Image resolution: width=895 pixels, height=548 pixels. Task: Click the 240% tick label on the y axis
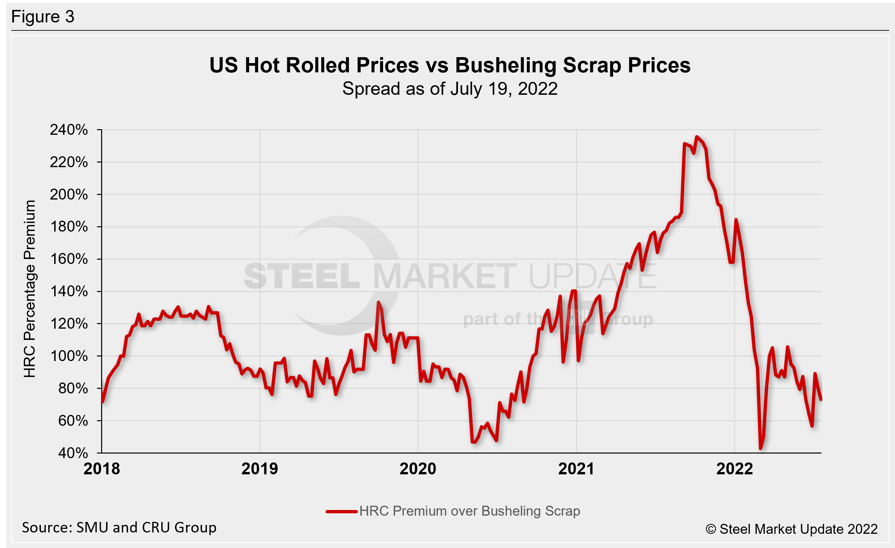click(x=69, y=130)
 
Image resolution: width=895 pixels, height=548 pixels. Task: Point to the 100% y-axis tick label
click(x=69, y=356)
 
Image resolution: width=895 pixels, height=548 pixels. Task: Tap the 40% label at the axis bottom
click(x=73, y=453)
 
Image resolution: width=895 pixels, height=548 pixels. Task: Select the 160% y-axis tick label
click(x=69, y=259)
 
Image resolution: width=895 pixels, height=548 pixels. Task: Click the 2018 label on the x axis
click(x=101, y=469)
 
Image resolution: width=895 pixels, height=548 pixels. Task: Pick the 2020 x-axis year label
click(x=418, y=469)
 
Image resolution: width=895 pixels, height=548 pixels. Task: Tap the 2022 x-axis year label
click(x=734, y=469)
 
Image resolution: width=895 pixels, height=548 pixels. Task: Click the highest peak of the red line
click(x=696, y=137)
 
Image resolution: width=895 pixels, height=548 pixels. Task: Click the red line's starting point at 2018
click(x=102, y=402)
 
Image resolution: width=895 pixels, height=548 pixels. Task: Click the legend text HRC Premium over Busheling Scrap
click(x=469, y=511)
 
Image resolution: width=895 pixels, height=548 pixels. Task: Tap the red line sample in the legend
click(x=341, y=512)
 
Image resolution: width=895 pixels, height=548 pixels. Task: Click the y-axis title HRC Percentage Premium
click(x=30, y=288)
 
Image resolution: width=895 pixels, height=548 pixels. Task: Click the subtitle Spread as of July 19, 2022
click(x=450, y=89)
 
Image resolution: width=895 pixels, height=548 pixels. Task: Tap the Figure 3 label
click(x=43, y=17)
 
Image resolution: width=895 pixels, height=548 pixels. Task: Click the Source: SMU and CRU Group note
click(x=119, y=527)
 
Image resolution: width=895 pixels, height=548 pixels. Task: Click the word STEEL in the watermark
click(x=301, y=276)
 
